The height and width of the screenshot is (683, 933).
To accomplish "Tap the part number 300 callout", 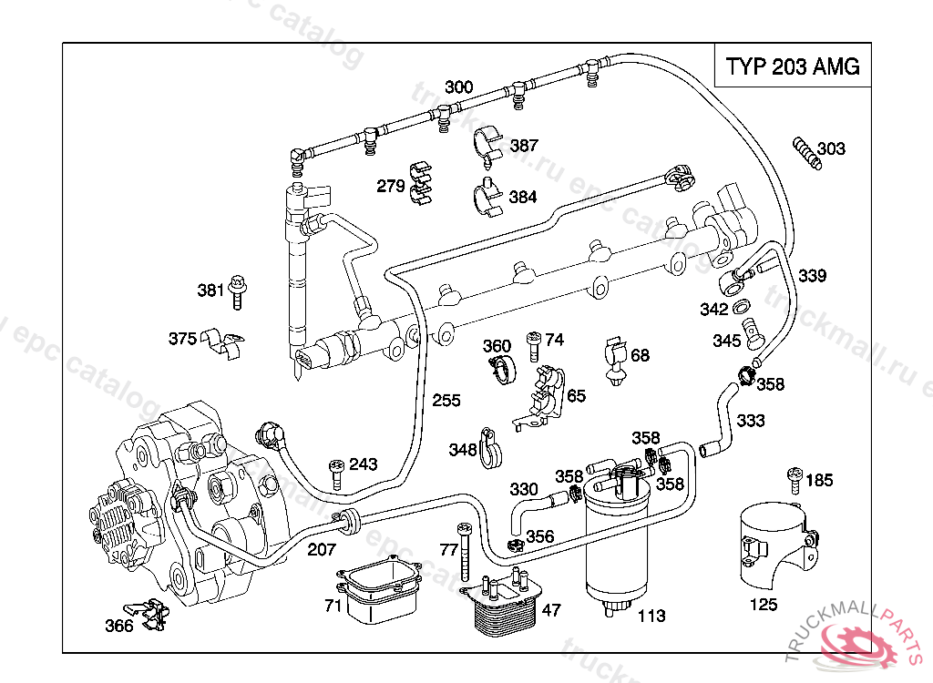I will tap(458, 87).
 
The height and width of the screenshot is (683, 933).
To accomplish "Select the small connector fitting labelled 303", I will tap(805, 152).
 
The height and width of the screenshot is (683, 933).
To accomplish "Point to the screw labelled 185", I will tap(795, 479).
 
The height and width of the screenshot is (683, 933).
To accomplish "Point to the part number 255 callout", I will tap(446, 401).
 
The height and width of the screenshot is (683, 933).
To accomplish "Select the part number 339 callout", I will tap(813, 276).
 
